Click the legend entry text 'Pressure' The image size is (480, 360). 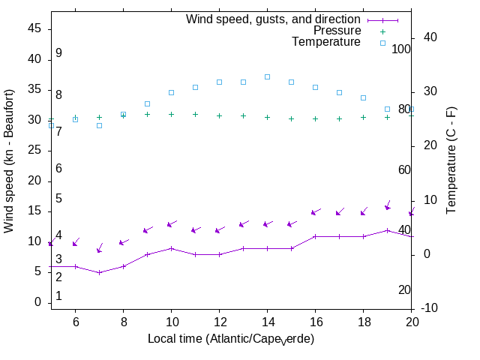[x=337, y=31]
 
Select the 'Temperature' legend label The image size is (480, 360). [x=326, y=42]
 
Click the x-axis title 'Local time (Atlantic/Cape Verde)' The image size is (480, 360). [x=231, y=339]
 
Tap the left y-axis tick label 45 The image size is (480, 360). [x=34, y=28]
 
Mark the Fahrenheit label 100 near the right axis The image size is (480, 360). [x=402, y=49]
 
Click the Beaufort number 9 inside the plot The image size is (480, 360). [x=58, y=53]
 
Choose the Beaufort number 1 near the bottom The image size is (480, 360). [x=58, y=296]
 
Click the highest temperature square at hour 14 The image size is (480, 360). [x=267, y=76]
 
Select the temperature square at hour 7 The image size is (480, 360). [x=99, y=125]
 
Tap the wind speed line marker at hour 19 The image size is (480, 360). [x=387, y=230]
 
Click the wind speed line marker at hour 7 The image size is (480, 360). [x=99, y=272]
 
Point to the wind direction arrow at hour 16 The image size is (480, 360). [x=316, y=212]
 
